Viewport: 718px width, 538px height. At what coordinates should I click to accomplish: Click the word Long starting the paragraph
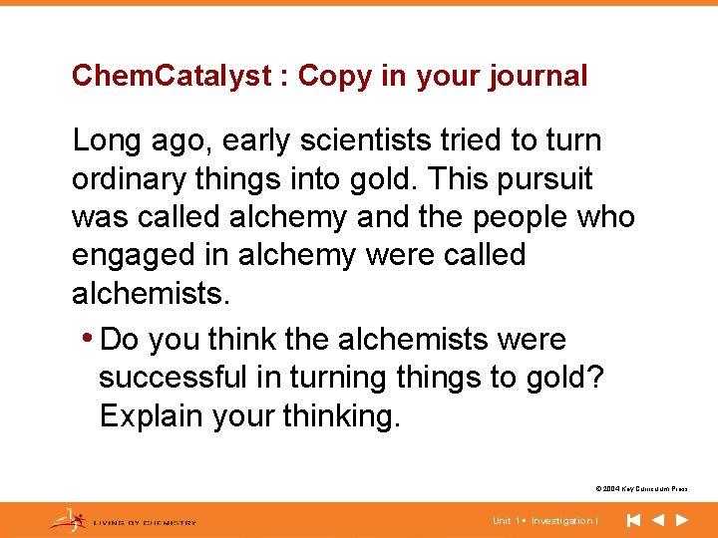(x=107, y=141)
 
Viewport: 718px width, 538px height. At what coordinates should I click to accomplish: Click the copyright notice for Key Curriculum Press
(x=641, y=489)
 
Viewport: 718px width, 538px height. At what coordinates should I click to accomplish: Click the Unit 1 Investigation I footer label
(x=545, y=520)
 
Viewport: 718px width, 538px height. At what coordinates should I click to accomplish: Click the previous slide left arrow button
(x=658, y=520)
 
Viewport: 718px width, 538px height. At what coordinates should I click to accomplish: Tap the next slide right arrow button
(x=682, y=520)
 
